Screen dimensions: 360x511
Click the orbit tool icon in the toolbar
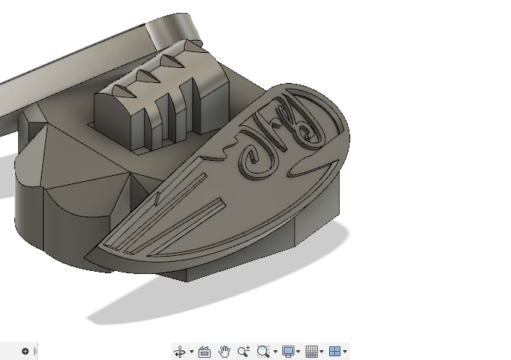(180, 352)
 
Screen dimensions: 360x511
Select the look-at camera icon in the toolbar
(204, 352)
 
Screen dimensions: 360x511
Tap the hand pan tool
(224, 352)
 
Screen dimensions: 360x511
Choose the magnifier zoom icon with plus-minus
(243, 352)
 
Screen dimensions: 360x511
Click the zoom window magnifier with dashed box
(263, 352)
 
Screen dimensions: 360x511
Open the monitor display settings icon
(288, 352)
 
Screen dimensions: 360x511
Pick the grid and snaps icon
(311, 352)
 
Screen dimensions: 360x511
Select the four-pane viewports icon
(334, 352)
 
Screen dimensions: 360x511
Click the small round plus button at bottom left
(25, 351)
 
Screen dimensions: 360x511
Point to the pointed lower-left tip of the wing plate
(87, 254)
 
